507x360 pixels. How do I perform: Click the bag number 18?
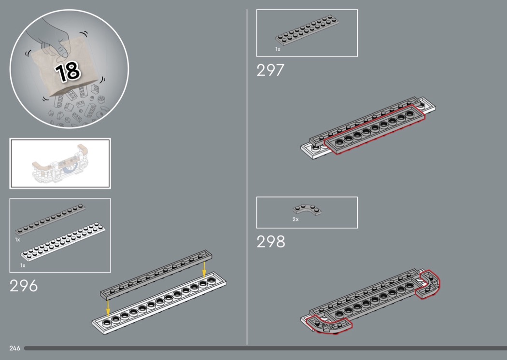coord(68,71)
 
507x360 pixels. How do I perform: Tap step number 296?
coord(24,286)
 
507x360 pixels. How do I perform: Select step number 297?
coord(270,70)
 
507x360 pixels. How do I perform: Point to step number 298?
coord(271,241)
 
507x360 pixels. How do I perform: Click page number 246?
coord(14,348)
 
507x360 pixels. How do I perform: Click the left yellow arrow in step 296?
coord(108,308)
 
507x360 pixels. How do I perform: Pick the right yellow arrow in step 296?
coord(204,270)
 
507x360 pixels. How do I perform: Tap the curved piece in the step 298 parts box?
coord(307,209)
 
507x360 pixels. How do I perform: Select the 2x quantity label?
coord(296,219)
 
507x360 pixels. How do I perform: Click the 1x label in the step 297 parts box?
coord(278,49)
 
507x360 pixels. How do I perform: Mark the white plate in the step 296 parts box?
coord(63,241)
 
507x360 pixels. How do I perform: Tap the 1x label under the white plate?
coord(23,265)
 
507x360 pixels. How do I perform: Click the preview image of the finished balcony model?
coord(60,164)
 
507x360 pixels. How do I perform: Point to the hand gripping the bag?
coord(52,39)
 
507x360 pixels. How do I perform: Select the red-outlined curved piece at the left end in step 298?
coord(328,324)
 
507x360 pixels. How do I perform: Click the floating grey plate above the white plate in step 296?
coord(156,275)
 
